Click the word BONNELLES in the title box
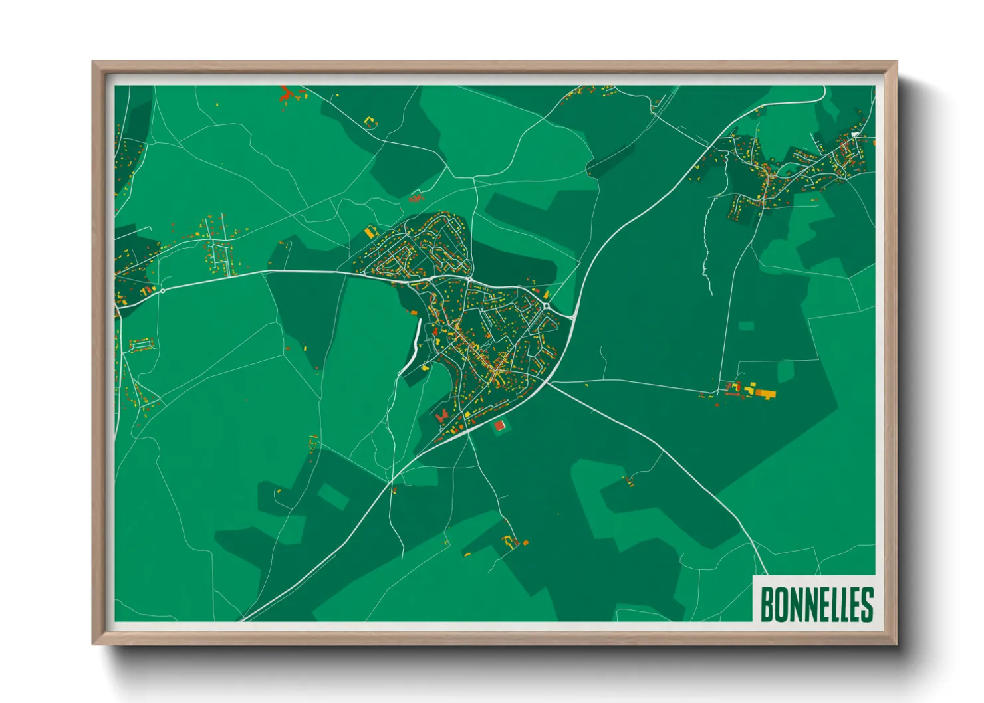click(816, 603)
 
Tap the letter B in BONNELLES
click(767, 603)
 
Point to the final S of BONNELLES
click(866, 603)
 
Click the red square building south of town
click(499, 425)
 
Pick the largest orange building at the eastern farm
click(765, 393)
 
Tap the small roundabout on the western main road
click(162, 290)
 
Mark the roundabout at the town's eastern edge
click(547, 306)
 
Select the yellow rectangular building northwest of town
click(370, 231)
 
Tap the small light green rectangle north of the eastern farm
click(746, 326)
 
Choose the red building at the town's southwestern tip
click(441, 416)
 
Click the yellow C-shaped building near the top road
click(370, 122)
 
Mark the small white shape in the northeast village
click(855, 134)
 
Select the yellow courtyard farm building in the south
click(511, 541)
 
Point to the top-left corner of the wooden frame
click(95, 64)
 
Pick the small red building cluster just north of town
click(415, 198)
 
